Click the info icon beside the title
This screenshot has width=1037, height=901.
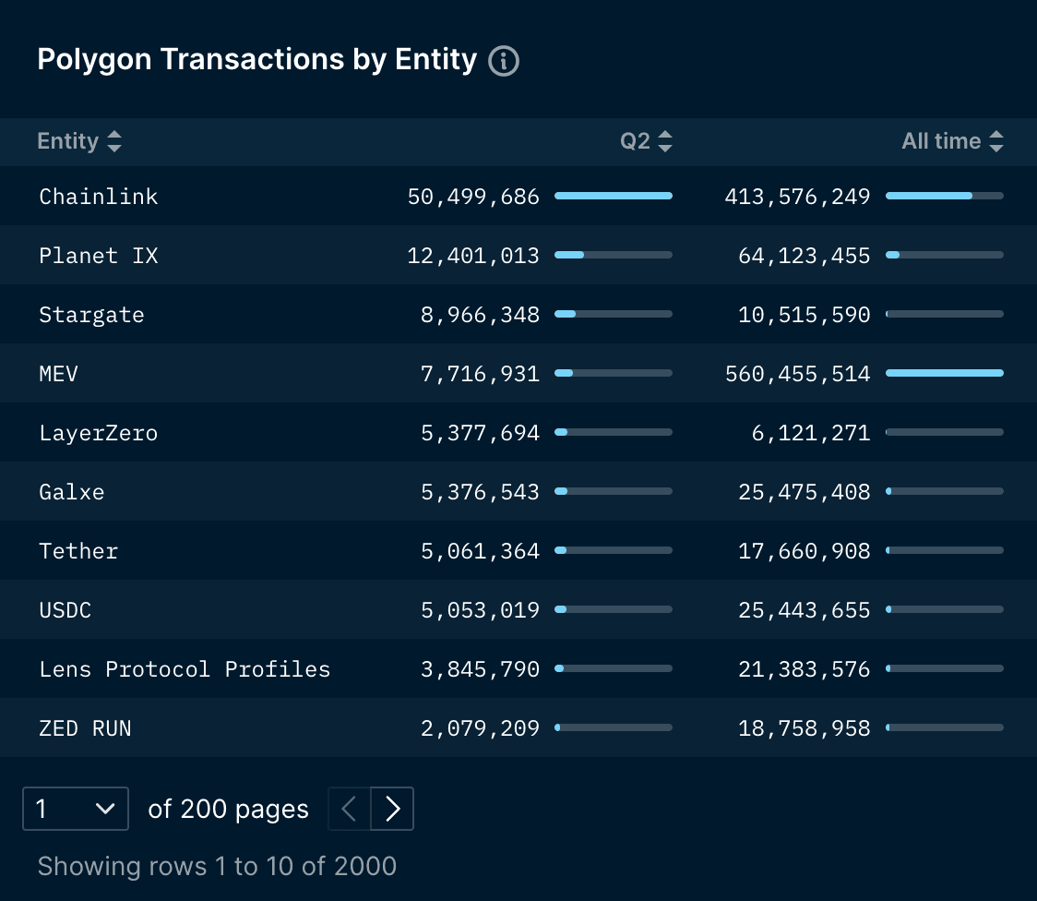[504, 61]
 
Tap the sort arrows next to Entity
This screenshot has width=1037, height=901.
[114, 141]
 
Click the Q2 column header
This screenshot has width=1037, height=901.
[636, 141]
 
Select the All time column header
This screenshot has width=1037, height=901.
[941, 141]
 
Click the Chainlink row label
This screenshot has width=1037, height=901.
[99, 197]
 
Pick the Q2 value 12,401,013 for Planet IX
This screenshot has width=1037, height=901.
[473, 256]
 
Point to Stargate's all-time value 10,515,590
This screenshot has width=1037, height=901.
[805, 315]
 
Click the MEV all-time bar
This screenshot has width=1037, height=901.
[944, 373]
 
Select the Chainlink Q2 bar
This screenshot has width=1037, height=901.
[614, 196]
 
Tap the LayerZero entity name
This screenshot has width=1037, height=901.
[99, 433]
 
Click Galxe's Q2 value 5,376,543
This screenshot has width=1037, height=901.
[480, 492]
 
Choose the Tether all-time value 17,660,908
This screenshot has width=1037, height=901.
[805, 551]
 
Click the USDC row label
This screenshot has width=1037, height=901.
[66, 610]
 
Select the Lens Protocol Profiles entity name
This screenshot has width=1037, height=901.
[185, 669]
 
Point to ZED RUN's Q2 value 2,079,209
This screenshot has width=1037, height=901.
[480, 728]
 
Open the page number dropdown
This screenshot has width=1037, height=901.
[76, 810]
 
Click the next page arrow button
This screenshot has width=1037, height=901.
[392, 810]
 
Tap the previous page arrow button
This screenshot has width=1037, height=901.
[350, 810]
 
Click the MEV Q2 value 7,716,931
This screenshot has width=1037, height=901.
[480, 374]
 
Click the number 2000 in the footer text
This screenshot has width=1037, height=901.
[365, 866]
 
